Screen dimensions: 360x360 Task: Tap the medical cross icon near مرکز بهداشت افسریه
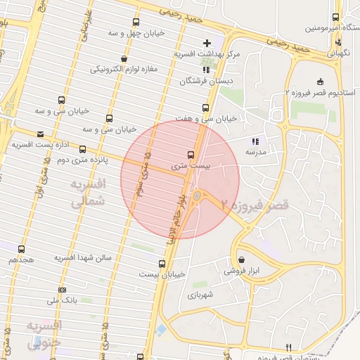[206, 43]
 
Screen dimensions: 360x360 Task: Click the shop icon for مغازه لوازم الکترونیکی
[124, 58]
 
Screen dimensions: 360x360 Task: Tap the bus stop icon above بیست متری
[191, 155]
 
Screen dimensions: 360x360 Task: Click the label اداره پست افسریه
[33, 144]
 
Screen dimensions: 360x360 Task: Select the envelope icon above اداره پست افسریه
[40, 134]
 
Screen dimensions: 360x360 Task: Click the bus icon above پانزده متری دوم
[82, 149]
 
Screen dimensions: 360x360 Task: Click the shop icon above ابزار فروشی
[241, 259]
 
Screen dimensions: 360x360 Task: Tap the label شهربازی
[199, 295]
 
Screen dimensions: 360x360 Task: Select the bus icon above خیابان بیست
[162, 264]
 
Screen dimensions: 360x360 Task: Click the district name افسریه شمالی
[88, 192]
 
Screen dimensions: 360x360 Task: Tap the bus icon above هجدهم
[21, 249]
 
